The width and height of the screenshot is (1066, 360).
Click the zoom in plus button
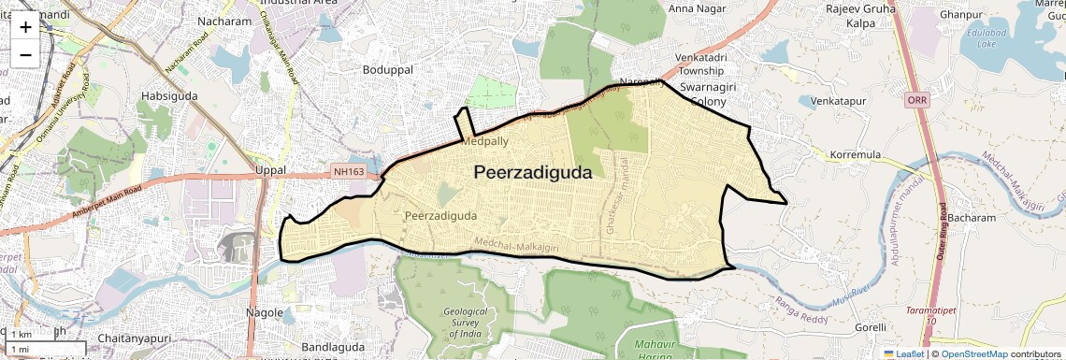tap(25, 27)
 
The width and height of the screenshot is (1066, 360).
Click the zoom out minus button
tap(25, 55)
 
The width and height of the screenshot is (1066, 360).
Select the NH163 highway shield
tap(350, 171)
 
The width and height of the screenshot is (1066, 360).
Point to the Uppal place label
tap(270, 171)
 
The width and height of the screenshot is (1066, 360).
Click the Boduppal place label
tap(388, 70)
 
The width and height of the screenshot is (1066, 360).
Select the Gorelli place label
tap(870, 328)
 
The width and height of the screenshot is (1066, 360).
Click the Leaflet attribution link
tap(904, 353)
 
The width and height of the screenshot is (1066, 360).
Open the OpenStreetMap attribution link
tap(973, 353)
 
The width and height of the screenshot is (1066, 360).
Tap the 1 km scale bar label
tap(21, 335)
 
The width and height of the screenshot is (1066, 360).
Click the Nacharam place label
tap(225, 22)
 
